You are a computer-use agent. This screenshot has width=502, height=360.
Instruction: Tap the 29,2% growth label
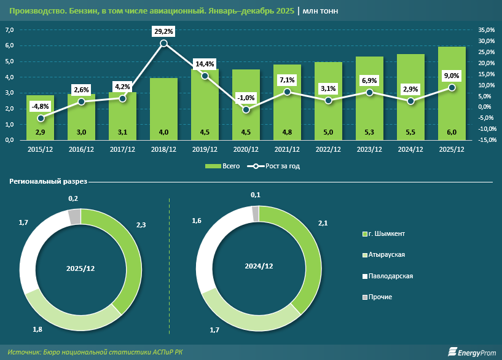tap(163, 30)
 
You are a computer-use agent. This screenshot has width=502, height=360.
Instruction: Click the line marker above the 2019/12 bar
tap(205, 76)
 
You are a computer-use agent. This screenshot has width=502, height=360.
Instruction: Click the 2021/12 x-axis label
tap(287, 149)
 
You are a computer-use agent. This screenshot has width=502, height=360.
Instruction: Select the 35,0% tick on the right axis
tap(486, 29)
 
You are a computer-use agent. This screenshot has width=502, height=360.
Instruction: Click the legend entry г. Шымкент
tap(386, 234)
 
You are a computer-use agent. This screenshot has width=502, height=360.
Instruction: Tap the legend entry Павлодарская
tap(390, 276)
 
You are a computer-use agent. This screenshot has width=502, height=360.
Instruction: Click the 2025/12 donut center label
tap(80, 269)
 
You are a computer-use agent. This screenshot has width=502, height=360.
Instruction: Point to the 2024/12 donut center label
tap(259, 266)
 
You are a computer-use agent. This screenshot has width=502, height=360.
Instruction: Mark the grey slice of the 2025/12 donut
tap(74, 216)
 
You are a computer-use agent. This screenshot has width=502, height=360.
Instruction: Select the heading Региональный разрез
tap(48, 182)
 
